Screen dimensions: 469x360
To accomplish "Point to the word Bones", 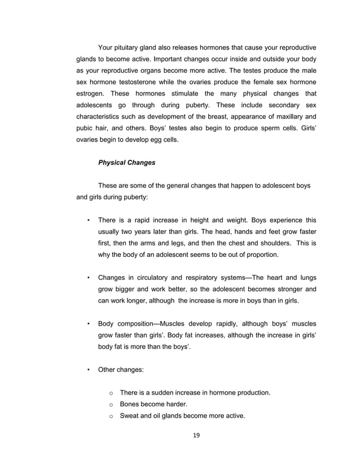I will click(x=131, y=404).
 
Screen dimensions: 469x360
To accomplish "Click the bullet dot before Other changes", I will click(x=88, y=370).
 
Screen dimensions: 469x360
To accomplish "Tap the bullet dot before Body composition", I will click(x=88, y=324).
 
